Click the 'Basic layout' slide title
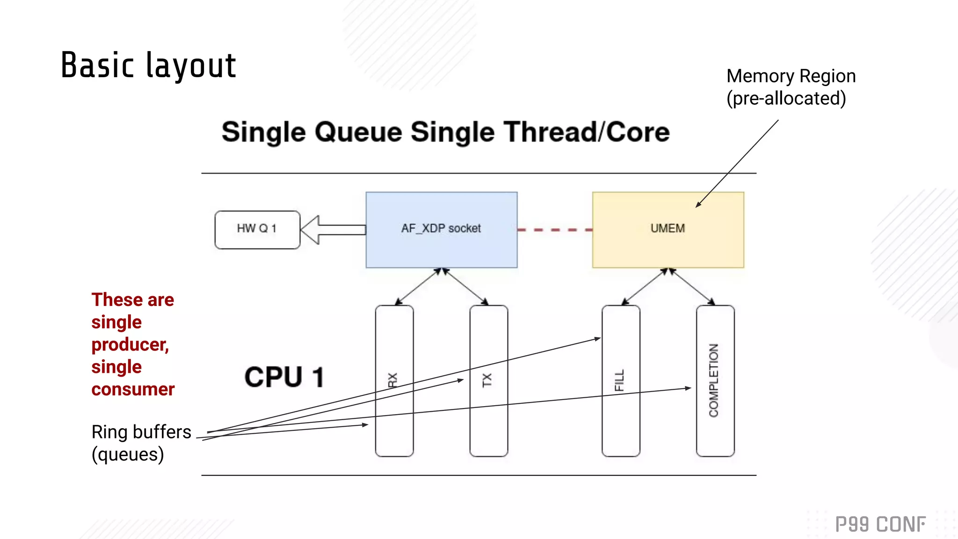(x=148, y=66)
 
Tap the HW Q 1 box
(x=257, y=229)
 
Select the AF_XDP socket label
(x=441, y=228)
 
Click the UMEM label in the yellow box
(x=668, y=228)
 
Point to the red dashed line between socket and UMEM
(x=555, y=230)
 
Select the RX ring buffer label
(x=393, y=380)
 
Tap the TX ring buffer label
(x=487, y=380)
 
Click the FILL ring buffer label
(x=619, y=380)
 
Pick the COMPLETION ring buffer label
(x=713, y=380)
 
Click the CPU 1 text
(x=284, y=377)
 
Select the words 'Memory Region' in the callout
(x=791, y=76)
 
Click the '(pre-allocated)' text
(x=786, y=99)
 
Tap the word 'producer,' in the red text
(x=130, y=345)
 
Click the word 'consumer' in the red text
(x=133, y=389)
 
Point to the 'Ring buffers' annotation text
(x=141, y=432)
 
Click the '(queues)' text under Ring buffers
(x=128, y=454)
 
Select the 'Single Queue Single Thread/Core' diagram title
(x=445, y=132)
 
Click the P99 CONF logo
(x=880, y=524)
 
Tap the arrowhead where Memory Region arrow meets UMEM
(x=698, y=205)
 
